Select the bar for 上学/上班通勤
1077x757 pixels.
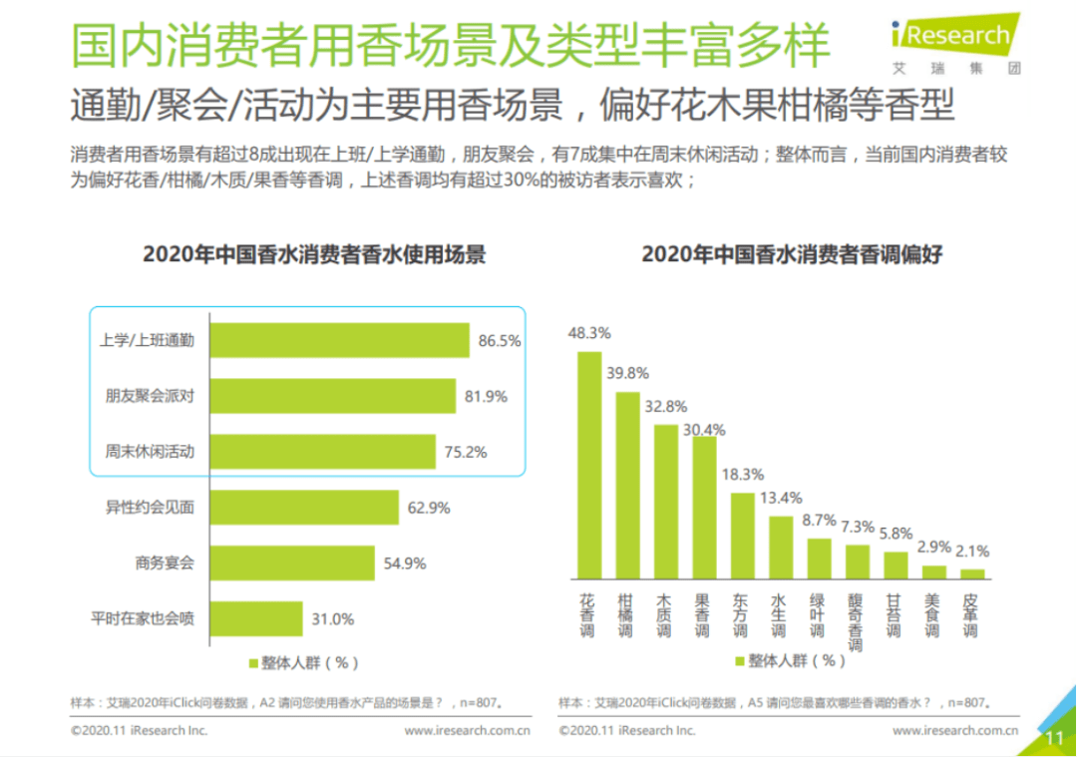(x=339, y=340)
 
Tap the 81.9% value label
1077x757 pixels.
(x=486, y=396)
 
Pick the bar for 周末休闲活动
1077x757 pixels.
(x=322, y=452)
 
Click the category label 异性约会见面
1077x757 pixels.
(x=150, y=508)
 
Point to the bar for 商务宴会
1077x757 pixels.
(x=292, y=564)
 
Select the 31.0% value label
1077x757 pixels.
(x=332, y=619)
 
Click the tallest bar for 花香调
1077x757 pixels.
(x=589, y=465)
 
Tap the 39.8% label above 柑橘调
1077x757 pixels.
(x=627, y=373)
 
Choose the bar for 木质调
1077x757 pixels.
(x=666, y=502)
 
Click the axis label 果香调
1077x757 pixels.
(x=703, y=616)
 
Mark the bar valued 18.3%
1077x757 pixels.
(x=743, y=536)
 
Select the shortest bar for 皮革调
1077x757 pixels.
(x=972, y=573)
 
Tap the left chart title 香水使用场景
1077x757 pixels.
(x=314, y=254)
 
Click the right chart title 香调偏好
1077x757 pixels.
(x=792, y=254)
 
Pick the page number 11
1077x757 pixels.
(x=1054, y=737)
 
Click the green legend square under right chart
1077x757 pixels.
(x=740, y=661)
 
